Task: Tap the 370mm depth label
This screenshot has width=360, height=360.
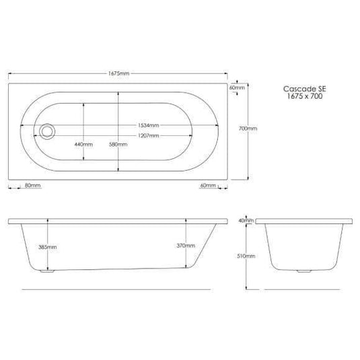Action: (x=184, y=246)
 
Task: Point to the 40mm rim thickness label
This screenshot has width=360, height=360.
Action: (x=247, y=221)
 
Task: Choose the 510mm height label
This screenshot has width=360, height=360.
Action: (x=249, y=256)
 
